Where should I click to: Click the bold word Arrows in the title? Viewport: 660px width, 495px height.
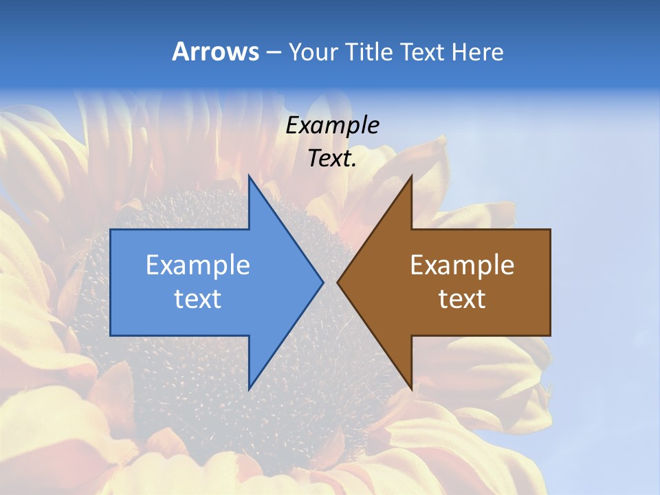[x=214, y=52]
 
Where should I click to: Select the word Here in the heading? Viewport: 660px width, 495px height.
[x=477, y=52]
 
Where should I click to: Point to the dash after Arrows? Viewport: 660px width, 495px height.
[x=273, y=52]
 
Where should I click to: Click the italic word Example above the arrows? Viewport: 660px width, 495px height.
[x=332, y=126]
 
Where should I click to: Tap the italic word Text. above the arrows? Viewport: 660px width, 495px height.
[x=332, y=158]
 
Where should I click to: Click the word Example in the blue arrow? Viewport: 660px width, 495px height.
[x=198, y=265]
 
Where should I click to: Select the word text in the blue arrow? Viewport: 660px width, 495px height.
[x=198, y=299]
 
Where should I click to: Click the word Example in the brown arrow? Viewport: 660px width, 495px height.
[x=462, y=265]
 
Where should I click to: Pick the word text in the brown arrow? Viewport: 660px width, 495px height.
[x=462, y=299]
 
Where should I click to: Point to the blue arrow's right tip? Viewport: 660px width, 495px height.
[x=322, y=282]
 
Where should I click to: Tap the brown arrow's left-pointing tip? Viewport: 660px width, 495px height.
[x=338, y=282]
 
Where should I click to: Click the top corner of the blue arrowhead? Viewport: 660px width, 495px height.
[x=249, y=176]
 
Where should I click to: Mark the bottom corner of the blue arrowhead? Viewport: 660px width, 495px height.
[x=249, y=389]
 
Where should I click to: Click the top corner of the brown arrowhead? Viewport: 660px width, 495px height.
[x=411, y=176]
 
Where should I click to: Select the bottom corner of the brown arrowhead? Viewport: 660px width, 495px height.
[x=411, y=389]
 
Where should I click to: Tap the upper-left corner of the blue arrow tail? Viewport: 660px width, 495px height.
[x=111, y=230]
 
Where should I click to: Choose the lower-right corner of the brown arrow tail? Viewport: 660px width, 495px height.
[x=550, y=335]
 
